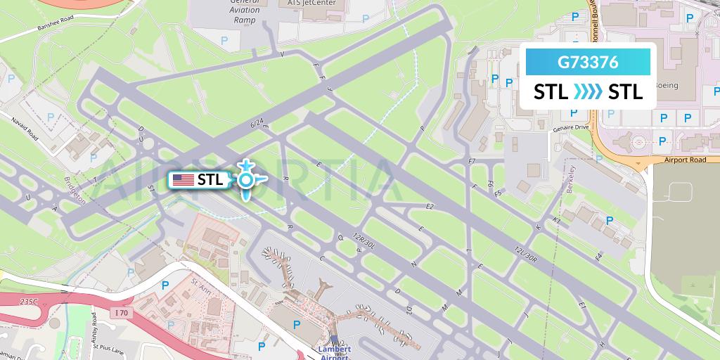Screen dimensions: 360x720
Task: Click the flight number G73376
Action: click(588, 62)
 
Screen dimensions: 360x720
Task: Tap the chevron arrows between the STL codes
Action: click(588, 92)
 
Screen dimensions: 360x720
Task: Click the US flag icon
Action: click(184, 180)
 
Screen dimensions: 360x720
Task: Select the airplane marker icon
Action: click(245, 180)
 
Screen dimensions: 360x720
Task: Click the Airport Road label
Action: click(684, 160)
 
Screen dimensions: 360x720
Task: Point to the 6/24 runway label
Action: click(257, 124)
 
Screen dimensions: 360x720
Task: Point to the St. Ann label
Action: click(201, 285)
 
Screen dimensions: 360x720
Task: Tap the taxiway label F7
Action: click(472, 162)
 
